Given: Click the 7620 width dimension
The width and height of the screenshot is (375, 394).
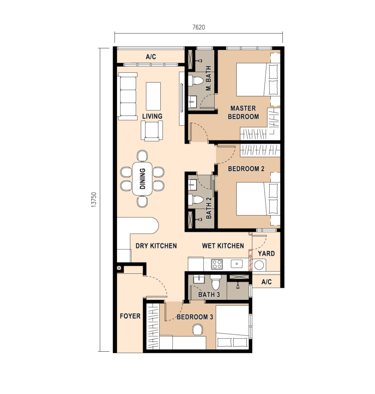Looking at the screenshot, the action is (198, 27).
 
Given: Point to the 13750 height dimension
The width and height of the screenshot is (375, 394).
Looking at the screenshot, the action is (94, 200).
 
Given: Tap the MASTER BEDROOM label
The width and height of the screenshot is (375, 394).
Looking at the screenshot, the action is (243, 112).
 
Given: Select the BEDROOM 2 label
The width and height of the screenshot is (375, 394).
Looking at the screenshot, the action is (246, 169).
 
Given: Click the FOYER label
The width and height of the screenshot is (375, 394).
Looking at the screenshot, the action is (130, 316).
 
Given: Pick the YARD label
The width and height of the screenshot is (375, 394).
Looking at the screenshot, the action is (266, 254).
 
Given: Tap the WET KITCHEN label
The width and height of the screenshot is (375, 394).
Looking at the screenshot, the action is (223, 246).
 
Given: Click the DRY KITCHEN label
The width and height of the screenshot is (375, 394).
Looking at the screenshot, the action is (156, 246).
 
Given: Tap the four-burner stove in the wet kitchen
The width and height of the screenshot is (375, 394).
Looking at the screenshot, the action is (217, 264).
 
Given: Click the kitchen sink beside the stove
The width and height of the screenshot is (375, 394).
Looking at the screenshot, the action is (237, 264).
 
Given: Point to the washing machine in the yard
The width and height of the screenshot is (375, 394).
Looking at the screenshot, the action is (259, 265).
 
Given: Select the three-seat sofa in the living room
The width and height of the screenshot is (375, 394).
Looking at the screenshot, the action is (127, 96).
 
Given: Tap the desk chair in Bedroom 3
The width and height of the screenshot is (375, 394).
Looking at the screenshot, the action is (197, 330).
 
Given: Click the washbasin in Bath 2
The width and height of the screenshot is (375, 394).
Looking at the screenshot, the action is (193, 185).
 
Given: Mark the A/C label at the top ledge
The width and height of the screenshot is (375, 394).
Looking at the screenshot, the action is (151, 57).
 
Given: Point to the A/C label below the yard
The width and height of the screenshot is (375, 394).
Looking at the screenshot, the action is (266, 282).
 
